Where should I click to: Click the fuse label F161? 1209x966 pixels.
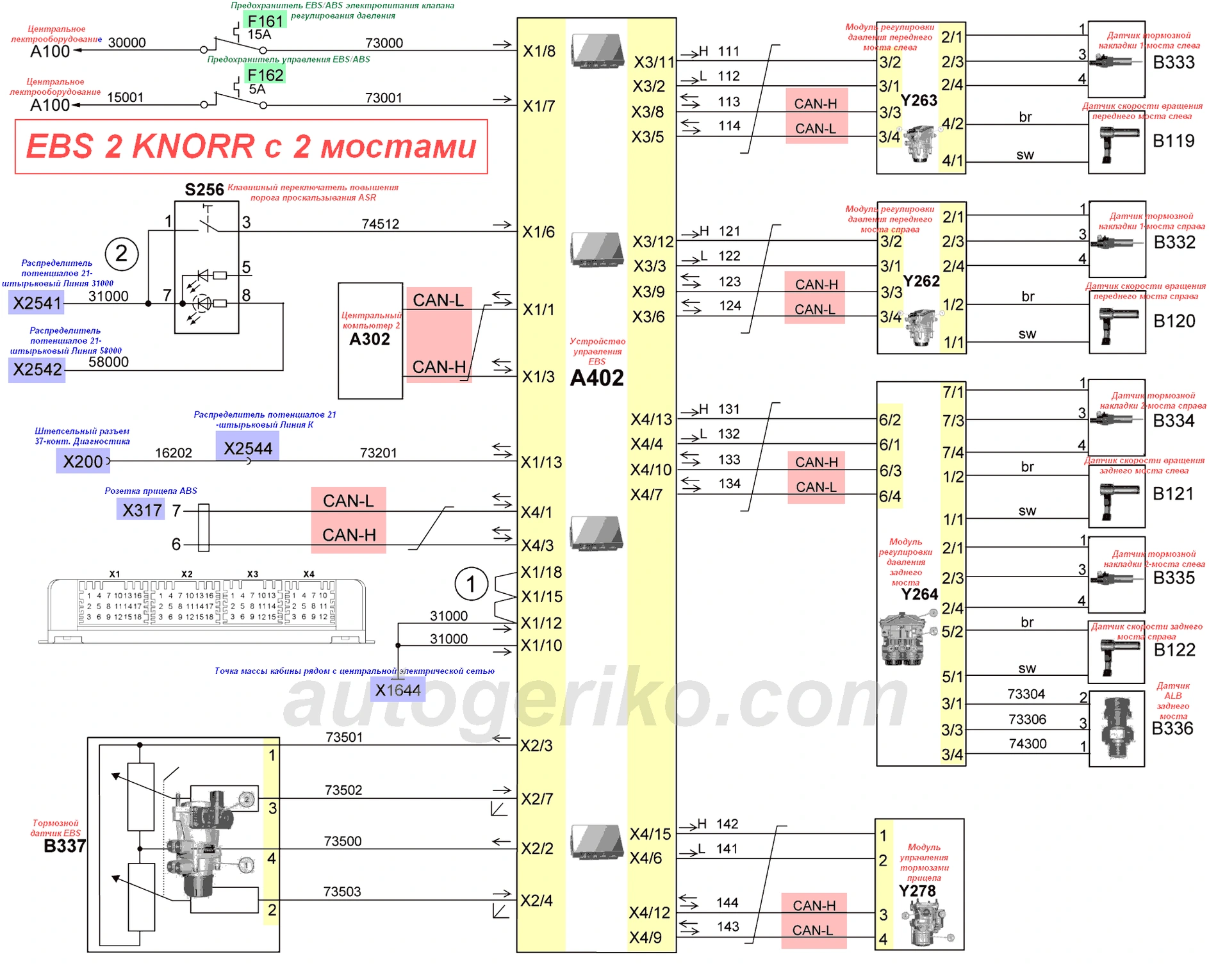(265, 21)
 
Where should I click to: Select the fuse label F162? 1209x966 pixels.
(265, 75)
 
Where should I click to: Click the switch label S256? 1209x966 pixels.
(204, 190)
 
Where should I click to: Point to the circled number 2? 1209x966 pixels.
(122, 254)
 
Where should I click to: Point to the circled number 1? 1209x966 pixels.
(471, 584)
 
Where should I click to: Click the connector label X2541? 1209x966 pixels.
(37, 303)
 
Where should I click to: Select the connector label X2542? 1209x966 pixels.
(37, 370)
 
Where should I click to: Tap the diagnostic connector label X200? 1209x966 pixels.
(83, 461)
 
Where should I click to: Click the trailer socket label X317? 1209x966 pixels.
(142, 510)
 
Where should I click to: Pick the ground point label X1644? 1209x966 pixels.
(398, 690)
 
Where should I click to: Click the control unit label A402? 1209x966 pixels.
(596, 378)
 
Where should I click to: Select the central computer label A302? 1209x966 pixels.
(370, 339)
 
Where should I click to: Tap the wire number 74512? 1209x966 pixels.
(380, 224)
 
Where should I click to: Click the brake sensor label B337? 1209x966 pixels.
(65, 846)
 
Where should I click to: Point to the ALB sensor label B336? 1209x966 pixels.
(1172, 728)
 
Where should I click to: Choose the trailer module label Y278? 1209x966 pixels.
(917, 891)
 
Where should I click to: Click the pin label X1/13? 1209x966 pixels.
(541, 462)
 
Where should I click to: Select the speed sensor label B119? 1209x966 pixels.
(1173, 141)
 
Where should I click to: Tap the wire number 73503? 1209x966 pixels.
(342, 892)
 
